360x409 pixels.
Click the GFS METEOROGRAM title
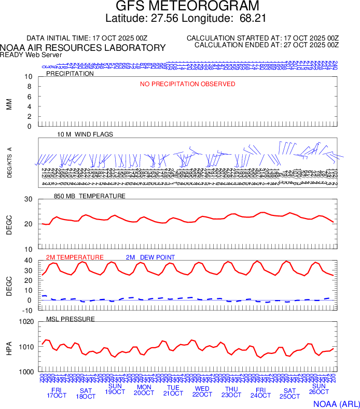180,7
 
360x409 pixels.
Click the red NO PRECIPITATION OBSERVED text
188,84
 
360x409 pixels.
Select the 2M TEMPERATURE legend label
75,257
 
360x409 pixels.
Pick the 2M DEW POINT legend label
150,257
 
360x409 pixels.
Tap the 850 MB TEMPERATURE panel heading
90,196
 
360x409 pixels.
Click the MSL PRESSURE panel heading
71,319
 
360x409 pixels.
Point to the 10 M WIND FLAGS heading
85,134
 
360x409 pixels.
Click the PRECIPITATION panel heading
70,74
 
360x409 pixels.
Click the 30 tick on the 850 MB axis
29,199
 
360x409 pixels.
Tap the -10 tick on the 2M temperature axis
27,310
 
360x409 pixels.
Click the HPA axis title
9,347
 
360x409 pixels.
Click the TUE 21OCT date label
173,391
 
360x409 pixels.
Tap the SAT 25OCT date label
289,393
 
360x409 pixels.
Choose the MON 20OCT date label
144,391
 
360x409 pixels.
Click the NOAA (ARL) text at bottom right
335,403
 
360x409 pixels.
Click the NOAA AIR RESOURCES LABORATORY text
83,48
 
